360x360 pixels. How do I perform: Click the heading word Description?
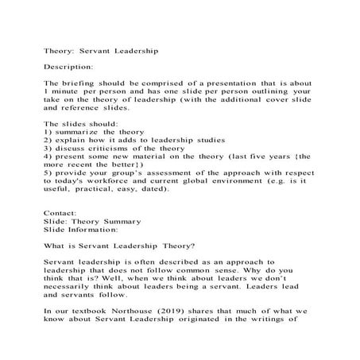pyautogui.click(x=68, y=66)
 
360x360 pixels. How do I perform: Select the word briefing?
pyautogui.click(x=80, y=83)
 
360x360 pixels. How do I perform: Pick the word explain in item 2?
pyautogui.click(x=74, y=141)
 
